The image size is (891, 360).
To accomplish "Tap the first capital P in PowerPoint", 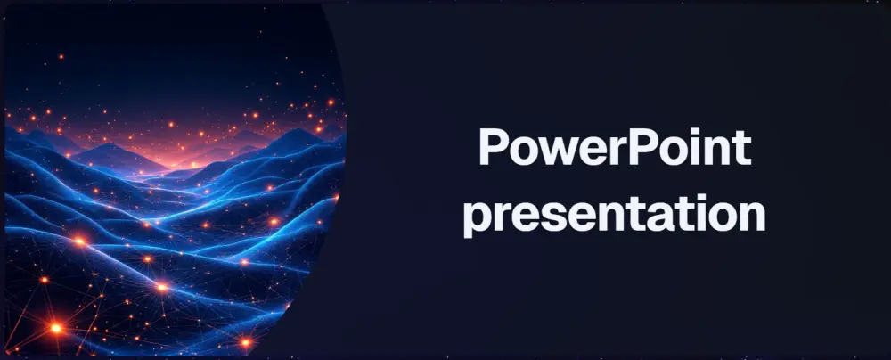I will [493, 147].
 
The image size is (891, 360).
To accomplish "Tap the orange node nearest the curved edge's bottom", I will [246, 340].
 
